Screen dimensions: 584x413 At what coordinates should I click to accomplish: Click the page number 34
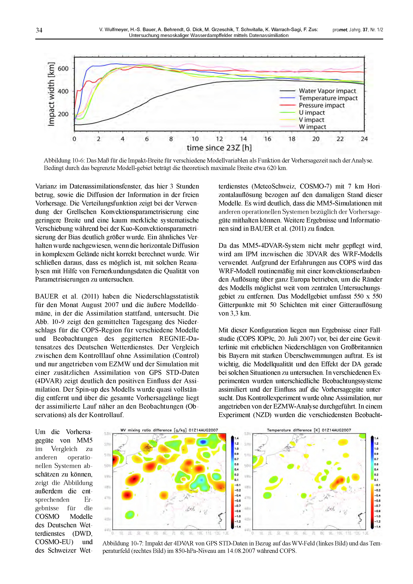point(39,30)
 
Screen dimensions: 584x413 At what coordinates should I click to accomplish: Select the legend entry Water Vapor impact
point(327,91)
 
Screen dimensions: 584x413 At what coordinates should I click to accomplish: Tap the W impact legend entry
point(312,127)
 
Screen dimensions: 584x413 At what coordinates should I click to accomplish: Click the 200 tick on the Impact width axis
point(63,114)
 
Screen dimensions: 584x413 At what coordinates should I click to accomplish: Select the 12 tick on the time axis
point(219,139)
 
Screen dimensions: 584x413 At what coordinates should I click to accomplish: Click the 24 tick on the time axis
point(364,139)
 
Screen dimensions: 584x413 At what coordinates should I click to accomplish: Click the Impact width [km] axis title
point(51,94)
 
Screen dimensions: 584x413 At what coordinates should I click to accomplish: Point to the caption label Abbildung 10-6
point(64,160)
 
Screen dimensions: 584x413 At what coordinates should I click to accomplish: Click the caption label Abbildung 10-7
point(123,543)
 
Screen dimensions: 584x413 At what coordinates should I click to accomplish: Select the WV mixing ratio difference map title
point(169,430)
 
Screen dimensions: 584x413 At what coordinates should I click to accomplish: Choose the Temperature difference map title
point(309,430)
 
